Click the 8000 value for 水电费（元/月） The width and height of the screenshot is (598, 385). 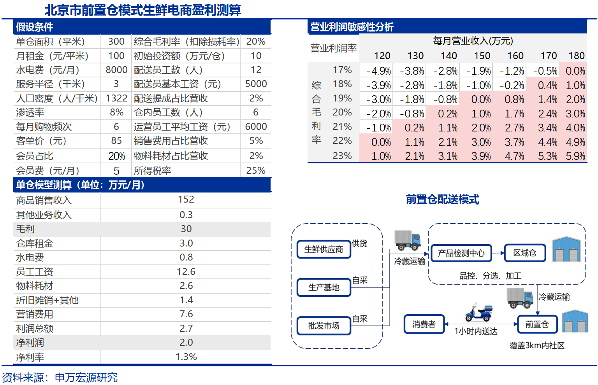pos(116,70)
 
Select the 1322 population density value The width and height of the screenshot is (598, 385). pos(116,98)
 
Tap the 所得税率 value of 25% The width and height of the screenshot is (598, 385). pos(256,170)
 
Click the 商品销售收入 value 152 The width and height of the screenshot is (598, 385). pos(186,199)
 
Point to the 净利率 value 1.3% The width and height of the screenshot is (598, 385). pos(186,357)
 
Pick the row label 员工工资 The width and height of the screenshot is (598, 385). pos(35,272)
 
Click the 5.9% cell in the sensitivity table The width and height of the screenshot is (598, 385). pos(575,156)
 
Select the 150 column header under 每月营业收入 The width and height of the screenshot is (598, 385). pos(482,56)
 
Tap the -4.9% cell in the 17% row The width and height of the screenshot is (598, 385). pos(378,71)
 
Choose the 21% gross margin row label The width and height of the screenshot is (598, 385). pos(342,127)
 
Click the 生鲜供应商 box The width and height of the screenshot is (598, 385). pos(324,249)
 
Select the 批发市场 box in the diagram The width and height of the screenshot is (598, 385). pos(324,325)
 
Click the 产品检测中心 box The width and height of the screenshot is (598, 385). pos(461,253)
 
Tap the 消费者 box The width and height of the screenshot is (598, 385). pos(424,324)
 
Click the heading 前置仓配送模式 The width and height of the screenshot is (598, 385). pos(442,199)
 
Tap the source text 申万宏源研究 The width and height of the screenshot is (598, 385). pos(86,377)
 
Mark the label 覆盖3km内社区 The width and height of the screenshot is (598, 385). pos(537,345)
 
